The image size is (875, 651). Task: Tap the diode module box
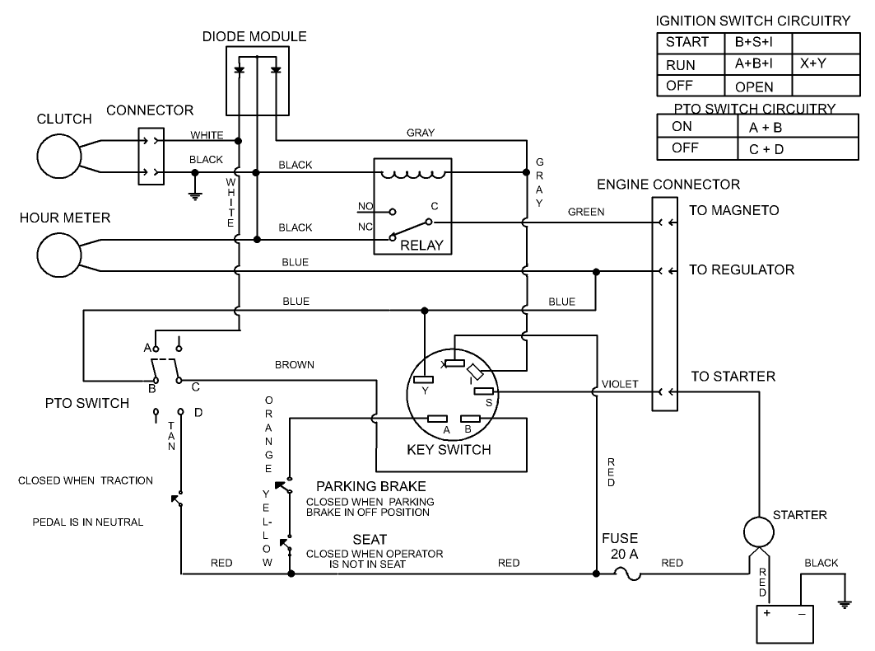click(x=257, y=81)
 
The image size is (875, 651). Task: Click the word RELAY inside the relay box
click(x=421, y=245)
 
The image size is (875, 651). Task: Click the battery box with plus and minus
click(x=784, y=623)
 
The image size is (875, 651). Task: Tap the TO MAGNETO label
click(x=733, y=211)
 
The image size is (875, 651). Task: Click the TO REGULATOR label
click(x=741, y=269)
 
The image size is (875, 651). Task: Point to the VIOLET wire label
click(x=620, y=384)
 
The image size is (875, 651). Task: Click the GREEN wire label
click(x=586, y=212)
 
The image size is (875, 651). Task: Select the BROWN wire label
click(x=295, y=364)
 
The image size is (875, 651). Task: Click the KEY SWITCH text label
click(x=449, y=450)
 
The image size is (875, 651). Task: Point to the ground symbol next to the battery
click(x=844, y=604)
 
